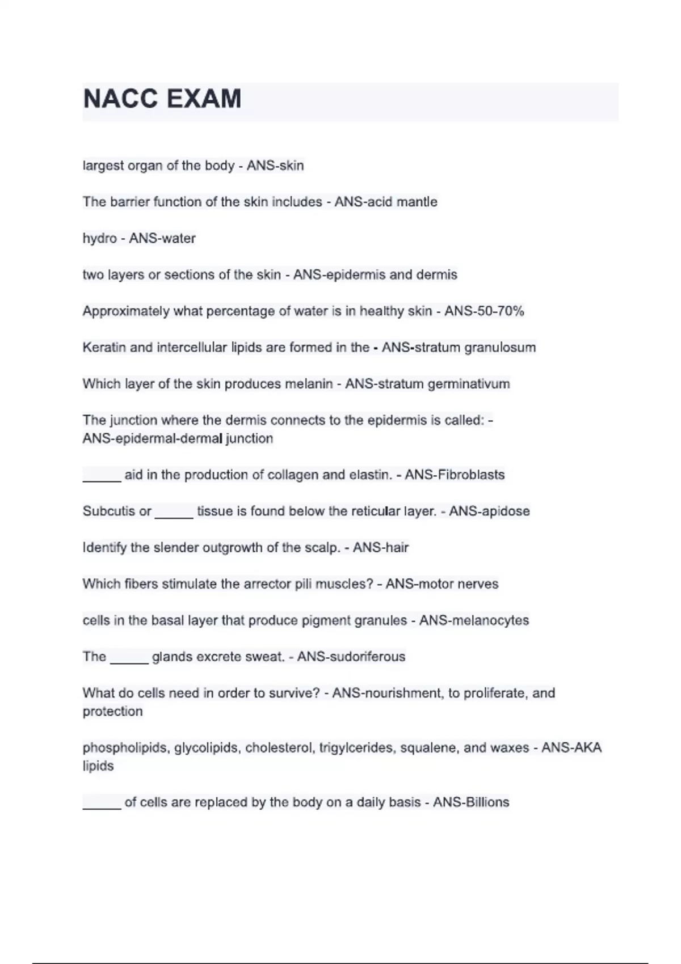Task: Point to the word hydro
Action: tap(99, 238)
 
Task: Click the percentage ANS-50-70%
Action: tap(484, 311)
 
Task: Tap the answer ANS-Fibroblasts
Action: tap(455, 475)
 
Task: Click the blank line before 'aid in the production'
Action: tap(102, 479)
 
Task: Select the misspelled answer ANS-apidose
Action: tap(489, 511)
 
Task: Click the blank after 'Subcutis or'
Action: tap(174, 515)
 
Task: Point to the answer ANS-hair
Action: tap(380, 547)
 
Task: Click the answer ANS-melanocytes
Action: tap(474, 620)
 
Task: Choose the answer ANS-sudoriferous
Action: tap(351, 657)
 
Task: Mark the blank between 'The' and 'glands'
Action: tap(129, 661)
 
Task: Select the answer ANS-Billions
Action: tap(471, 802)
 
